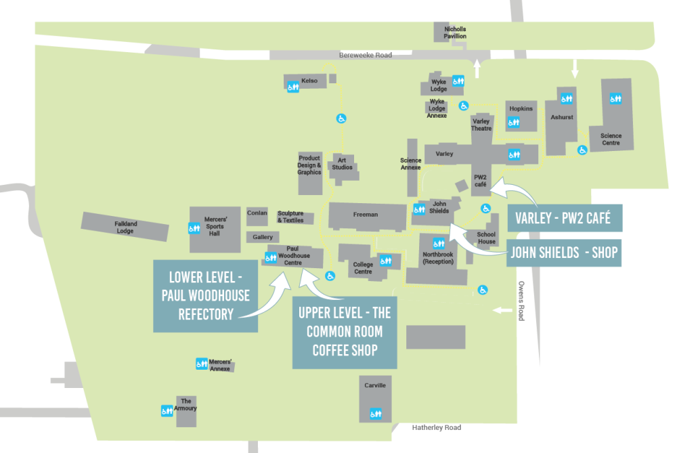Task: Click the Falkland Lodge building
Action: [x=125, y=227]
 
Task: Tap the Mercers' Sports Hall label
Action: [x=215, y=226]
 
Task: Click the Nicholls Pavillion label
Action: [x=455, y=33]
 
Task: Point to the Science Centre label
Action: [x=611, y=139]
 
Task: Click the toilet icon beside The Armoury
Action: [x=167, y=410]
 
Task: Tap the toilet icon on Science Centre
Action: [x=615, y=98]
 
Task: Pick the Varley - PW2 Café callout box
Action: [x=563, y=219]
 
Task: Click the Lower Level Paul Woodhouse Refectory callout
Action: [x=205, y=296]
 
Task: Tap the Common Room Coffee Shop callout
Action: [x=345, y=332]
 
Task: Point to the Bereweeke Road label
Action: [x=366, y=55]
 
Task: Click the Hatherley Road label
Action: [x=437, y=428]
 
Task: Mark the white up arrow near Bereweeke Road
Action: [x=477, y=68]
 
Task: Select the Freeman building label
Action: [x=366, y=215]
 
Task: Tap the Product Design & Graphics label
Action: [x=309, y=165]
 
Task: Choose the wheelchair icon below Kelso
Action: [x=341, y=118]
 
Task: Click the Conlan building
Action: [x=257, y=214]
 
